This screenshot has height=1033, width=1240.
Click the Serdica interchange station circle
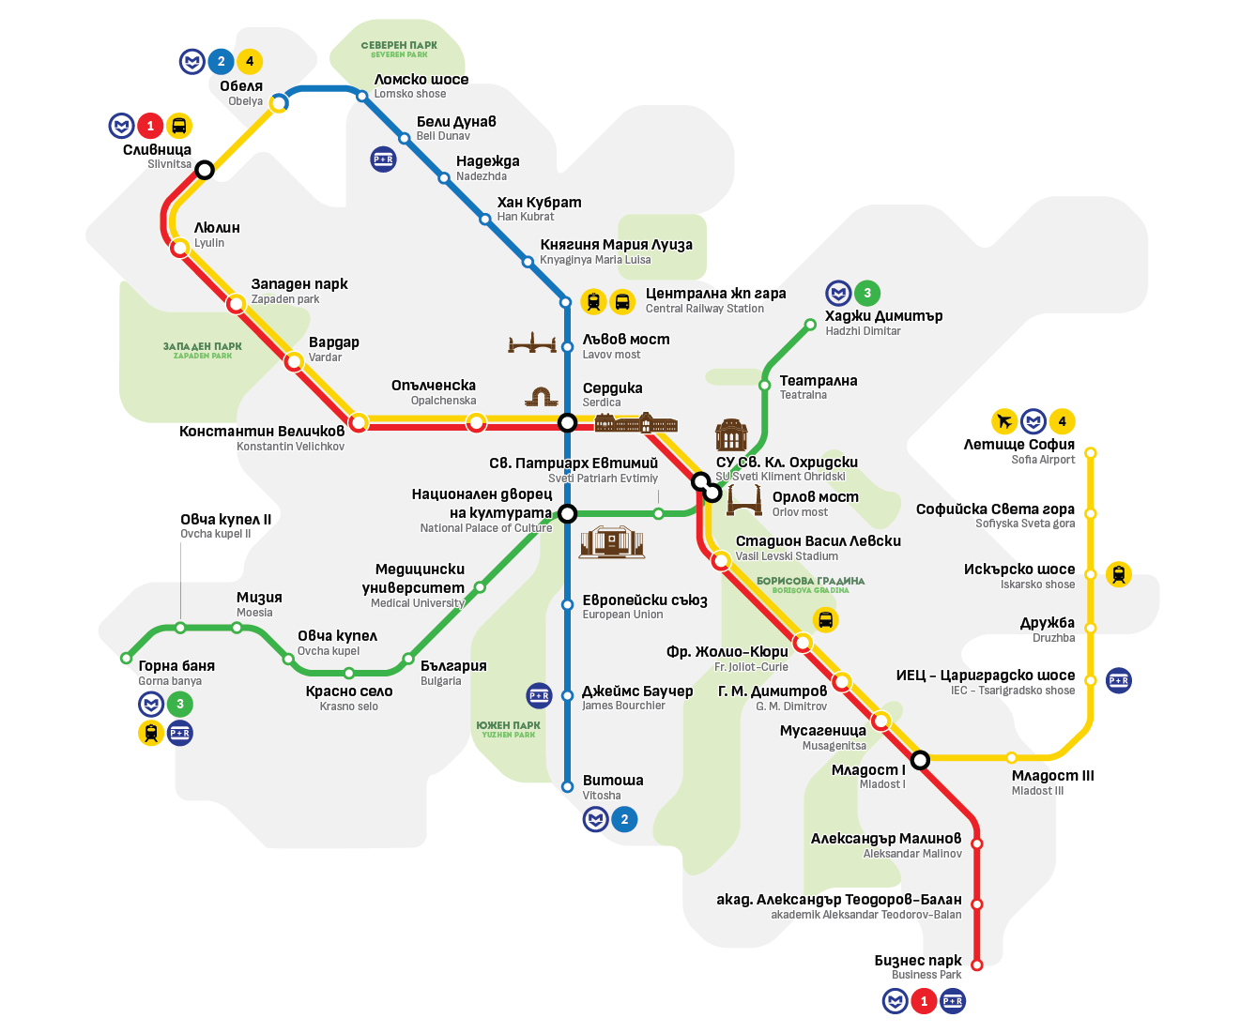tap(567, 422)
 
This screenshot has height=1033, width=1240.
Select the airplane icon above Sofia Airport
tap(1004, 421)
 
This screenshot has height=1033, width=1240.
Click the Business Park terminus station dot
tap(976, 965)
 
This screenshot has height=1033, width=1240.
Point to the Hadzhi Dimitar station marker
tap(810, 325)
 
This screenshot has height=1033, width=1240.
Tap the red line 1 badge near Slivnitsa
tap(150, 126)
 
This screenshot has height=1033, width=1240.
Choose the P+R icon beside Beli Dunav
tap(383, 160)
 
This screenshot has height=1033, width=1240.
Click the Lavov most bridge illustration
tap(532, 342)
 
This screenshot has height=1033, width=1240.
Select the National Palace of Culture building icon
tap(611, 541)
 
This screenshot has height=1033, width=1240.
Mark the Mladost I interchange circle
tap(920, 759)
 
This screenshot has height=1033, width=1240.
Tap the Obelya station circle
tap(279, 102)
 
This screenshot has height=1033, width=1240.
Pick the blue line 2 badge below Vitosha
tap(625, 819)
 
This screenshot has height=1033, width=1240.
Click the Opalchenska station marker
tap(477, 422)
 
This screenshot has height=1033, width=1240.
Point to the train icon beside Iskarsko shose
tap(1118, 573)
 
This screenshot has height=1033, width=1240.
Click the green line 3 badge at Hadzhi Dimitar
tap(866, 293)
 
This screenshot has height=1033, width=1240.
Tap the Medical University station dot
tap(480, 587)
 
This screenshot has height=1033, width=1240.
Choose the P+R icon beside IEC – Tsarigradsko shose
tap(1118, 680)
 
